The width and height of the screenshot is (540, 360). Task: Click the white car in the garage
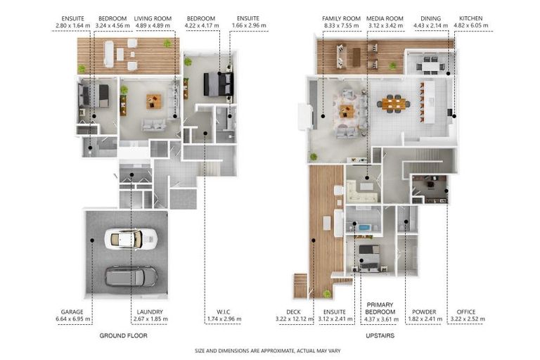131,238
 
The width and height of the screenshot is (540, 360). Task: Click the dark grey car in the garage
131,276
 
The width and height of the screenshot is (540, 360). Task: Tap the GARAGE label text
72,311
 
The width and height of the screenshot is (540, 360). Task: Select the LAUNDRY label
150,311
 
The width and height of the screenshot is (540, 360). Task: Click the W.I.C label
224,311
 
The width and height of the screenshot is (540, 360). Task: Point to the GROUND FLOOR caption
123,335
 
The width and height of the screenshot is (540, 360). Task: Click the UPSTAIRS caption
380,335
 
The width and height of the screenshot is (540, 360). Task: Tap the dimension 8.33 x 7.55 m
341,25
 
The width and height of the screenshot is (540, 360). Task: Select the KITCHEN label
471,18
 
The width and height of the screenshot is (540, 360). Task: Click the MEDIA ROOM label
385,18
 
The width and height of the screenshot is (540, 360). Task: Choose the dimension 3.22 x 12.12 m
295,319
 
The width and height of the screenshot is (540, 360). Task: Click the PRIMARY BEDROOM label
380,309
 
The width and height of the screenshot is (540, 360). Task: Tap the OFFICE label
466,311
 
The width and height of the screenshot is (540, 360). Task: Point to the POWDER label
424,311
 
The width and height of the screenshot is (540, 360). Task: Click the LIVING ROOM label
153,18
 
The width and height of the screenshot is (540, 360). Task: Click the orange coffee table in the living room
153,102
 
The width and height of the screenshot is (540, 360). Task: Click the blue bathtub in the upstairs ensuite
365,227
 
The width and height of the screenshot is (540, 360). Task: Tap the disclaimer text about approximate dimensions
268,351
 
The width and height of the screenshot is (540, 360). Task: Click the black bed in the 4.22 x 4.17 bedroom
219,84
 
